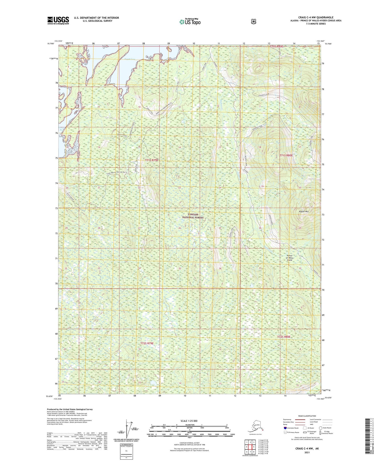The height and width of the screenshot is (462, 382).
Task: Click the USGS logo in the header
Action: tap(58, 20)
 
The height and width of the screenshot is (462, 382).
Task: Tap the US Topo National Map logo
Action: tap(190, 22)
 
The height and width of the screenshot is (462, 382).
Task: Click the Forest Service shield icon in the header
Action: tap(253, 21)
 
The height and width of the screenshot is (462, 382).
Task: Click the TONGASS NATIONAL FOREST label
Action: tap(193, 216)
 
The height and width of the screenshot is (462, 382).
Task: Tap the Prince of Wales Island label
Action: tap(290, 258)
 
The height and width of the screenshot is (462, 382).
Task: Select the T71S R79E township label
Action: tap(151, 160)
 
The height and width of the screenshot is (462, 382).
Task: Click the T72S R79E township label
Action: tap(147, 343)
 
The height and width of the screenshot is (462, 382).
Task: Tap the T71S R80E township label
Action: tap(286, 155)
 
